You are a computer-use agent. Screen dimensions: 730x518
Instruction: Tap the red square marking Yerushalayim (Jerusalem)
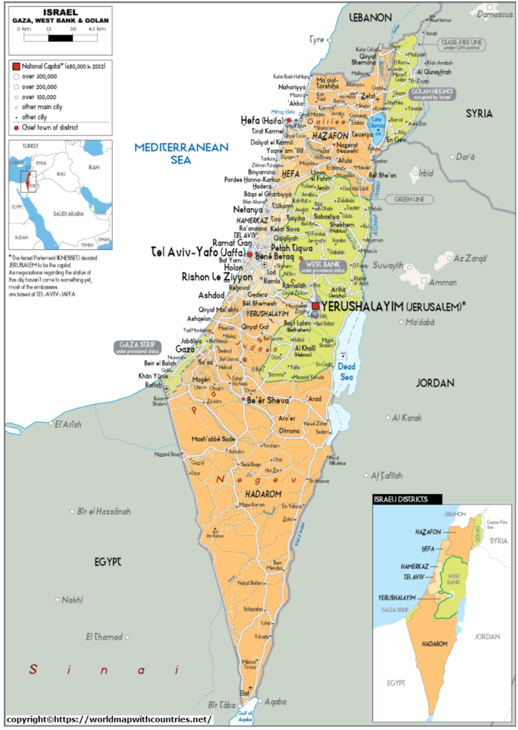pos(315,306)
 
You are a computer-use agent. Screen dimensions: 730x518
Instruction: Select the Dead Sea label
pos(346,371)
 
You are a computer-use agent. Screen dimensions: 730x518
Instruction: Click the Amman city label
pos(442,282)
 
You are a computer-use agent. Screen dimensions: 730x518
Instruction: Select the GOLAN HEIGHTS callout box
pos(432,94)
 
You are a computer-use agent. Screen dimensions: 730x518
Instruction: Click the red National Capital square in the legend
pos(16,66)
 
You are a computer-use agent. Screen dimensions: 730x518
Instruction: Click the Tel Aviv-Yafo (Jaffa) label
pos(197,252)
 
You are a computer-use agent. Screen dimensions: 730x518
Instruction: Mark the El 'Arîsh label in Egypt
pos(67,424)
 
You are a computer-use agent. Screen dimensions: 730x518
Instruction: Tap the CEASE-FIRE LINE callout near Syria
pos(462,44)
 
